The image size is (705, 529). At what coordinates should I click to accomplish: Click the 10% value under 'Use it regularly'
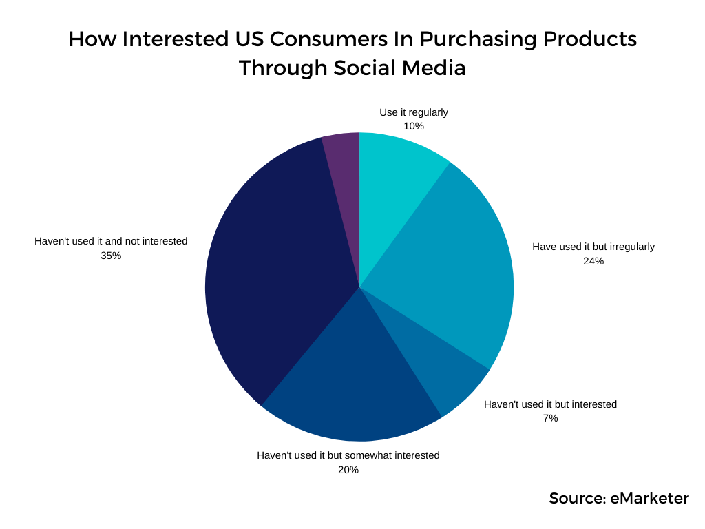click(x=414, y=126)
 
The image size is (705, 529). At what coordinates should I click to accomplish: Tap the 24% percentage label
click(x=593, y=261)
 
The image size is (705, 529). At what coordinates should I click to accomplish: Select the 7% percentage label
click(x=550, y=418)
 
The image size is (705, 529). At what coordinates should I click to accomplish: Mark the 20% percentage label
click(x=348, y=470)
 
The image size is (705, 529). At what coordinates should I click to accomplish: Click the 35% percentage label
click(x=111, y=256)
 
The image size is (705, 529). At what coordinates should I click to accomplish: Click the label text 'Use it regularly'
click(x=414, y=112)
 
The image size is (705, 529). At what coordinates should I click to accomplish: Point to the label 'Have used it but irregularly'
click(x=593, y=247)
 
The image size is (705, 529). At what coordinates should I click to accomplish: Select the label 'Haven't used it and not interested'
click(x=111, y=241)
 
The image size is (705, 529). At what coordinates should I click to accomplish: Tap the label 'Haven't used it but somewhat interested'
click(x=348, y=455)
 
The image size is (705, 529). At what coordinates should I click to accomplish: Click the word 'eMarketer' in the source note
click(x=649, y=499)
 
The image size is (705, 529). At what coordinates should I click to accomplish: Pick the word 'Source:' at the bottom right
click(x=577, y=499)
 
